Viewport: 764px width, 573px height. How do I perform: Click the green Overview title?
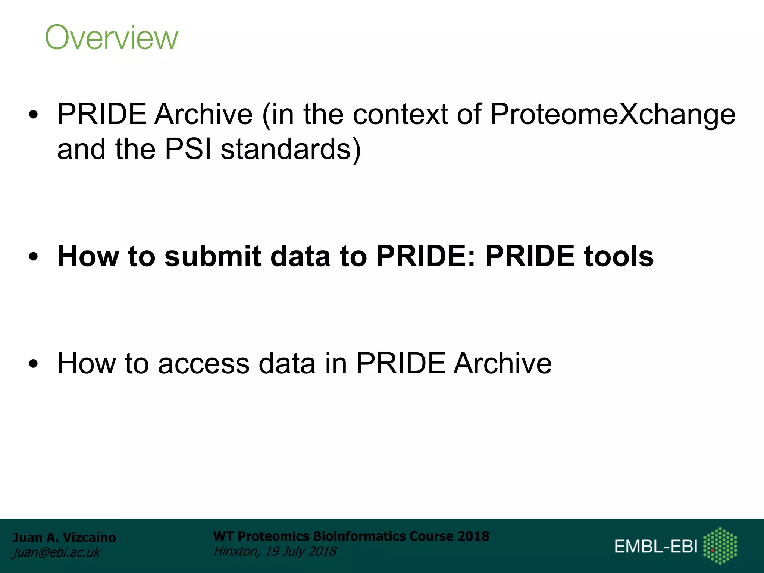click(x=112, y=37)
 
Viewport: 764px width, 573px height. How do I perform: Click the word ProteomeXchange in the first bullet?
click(x=613, y=114)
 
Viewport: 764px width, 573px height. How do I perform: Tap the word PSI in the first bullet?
click(x=188, y=149)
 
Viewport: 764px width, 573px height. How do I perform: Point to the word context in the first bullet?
click(x=400, y=114)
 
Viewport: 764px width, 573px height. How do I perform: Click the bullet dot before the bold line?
click(x=33, y=257)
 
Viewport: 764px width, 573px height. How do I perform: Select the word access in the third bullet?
click(x=204, y=364)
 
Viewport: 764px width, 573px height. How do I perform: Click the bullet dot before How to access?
click(x=33, y=364)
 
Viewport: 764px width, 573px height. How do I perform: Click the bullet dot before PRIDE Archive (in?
click(x=33, y=115)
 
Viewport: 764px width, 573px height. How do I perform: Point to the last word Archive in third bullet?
click(x=502, y=364)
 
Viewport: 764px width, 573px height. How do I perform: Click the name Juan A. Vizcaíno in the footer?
click(x=64, y=538)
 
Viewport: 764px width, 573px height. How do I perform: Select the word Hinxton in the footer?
click(x=236, y=551)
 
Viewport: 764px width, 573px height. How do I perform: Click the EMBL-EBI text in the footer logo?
click(x=656, y=547)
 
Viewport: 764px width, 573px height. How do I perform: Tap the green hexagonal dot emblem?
click(x=720, y=546)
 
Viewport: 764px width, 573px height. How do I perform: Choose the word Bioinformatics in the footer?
click(x=359, y=536)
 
